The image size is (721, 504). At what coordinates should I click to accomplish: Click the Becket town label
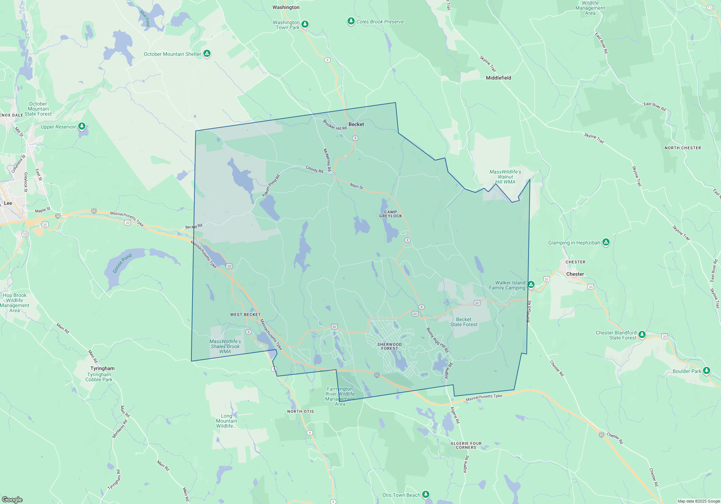356,124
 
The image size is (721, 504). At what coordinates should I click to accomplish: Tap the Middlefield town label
498,78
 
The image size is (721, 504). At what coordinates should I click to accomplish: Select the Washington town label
286,7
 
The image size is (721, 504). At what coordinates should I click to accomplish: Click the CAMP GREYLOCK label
390,214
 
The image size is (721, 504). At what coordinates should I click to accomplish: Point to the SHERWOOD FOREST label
389,346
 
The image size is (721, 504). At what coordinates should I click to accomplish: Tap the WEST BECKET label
246,315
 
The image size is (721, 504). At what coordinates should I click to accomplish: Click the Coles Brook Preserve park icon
351,21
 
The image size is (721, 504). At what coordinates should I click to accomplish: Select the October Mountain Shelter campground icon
207,54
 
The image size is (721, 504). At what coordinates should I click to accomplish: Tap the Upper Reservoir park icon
82,126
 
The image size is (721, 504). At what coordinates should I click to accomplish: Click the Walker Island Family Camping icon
531,284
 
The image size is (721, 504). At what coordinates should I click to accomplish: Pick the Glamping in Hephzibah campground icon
606,242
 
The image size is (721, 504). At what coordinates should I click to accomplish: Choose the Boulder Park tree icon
706,370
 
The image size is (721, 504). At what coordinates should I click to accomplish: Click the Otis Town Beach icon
426,494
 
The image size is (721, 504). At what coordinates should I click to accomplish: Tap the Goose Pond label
122,263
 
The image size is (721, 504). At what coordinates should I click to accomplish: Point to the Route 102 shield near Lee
25,234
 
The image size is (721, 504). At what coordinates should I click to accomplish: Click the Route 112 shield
710,8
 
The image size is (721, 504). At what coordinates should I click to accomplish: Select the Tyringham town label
102,368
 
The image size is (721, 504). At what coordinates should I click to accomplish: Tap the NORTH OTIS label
300,411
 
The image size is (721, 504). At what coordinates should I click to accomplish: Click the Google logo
12,499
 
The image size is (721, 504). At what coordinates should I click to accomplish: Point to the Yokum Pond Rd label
271,186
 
